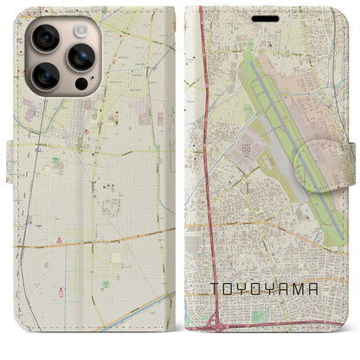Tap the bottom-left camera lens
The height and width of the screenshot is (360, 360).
tap(44, 76)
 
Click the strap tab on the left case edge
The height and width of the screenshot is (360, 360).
tap(13, 162)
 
